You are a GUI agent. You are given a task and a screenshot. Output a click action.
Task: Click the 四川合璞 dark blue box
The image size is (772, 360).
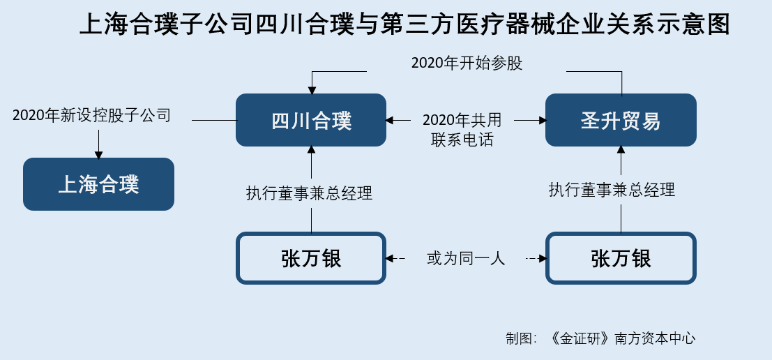pos(310,120)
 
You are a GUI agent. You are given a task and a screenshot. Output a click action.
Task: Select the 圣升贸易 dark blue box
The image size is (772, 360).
pos(621,120)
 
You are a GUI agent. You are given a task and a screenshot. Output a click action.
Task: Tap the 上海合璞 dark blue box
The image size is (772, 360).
pos(98,184)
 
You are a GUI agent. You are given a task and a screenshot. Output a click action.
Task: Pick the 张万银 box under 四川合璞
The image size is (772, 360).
pos(310,258)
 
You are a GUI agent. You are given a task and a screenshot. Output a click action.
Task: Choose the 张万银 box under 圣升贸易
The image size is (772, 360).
pos(621,258)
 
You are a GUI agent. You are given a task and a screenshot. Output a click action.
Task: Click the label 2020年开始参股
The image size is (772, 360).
pos(467,63)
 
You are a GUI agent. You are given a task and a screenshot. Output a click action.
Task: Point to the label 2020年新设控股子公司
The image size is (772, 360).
pos(91,115)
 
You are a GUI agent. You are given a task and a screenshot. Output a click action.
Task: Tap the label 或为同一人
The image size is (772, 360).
pos(466,258)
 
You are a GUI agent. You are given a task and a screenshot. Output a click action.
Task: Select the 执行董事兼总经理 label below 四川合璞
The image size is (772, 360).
pos(309,193)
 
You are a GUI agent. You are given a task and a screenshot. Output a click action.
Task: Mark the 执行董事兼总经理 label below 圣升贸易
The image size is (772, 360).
pos(612,190)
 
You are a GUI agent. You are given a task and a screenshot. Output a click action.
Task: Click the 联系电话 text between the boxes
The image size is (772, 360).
pos(462,140)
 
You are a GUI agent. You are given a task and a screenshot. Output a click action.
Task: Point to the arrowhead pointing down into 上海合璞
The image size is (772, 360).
pos(98,155)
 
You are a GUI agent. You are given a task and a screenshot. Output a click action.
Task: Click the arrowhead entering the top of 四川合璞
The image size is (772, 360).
pos(311,90)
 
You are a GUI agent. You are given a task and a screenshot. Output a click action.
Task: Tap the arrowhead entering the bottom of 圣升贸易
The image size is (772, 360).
pos(621,150)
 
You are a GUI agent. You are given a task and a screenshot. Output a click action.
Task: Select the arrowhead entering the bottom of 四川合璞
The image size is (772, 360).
pos(311,150)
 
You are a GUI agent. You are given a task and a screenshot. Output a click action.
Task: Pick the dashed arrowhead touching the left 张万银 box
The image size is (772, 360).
pos(390,258)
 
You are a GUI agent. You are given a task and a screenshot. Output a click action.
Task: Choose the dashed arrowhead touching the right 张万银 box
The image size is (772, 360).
pos(542,258)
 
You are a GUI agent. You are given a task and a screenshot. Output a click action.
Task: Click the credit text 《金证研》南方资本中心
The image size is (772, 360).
pos(623,338)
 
